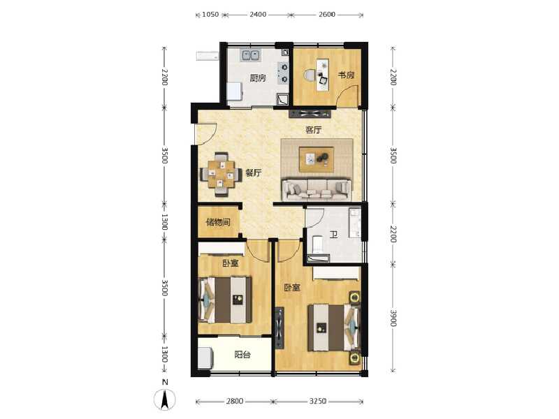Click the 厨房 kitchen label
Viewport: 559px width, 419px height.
(x=258, y=78)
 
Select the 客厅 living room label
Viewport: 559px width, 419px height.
(x=313, y=130)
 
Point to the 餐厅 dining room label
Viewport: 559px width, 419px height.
(x=253, y=174)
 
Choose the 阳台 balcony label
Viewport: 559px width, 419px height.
(x=242, y=355)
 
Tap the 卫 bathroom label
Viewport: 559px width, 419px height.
(x=333, y=235)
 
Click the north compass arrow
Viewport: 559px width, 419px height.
(x=165, y=399)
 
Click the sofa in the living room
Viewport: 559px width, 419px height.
(x=316, y=187)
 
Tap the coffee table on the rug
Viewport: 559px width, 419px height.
(x=317, y=159)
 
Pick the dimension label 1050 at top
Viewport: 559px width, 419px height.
(x=211, y=14)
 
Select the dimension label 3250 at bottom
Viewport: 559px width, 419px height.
(x=317, y=402)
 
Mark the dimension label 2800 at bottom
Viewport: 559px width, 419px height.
(x=235, y=402)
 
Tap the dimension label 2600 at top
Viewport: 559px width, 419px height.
(x=326, y=14)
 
